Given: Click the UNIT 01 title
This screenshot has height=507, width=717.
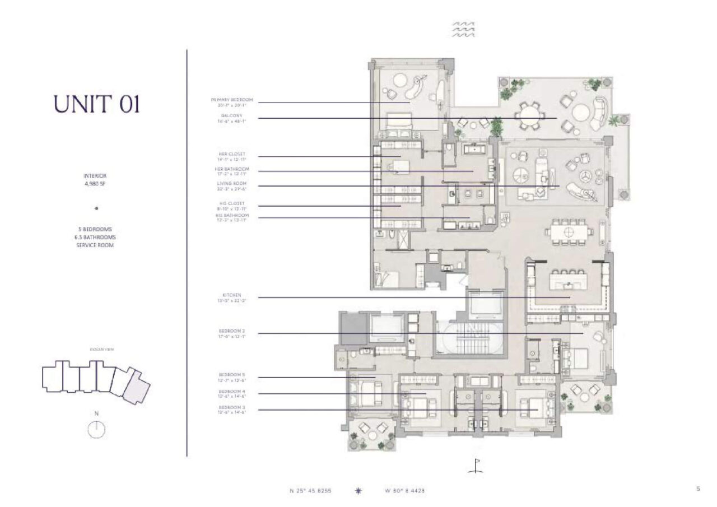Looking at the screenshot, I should [x=96, y=104].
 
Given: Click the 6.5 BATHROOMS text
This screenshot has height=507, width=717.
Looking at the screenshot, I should [x=96, y=237].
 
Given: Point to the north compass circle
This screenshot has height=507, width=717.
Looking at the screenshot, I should [x=97, y=429].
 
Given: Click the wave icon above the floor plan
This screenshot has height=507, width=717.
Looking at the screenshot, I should [x=463, y=30].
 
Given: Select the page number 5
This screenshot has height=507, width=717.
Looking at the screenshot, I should [x=698, y=489].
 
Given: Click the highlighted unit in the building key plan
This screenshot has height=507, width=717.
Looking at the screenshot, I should [x=137, y=386].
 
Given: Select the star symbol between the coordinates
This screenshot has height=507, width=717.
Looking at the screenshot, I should [x=358, y=491].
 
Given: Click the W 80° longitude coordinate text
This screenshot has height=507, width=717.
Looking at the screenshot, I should [x=404, y=491].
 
